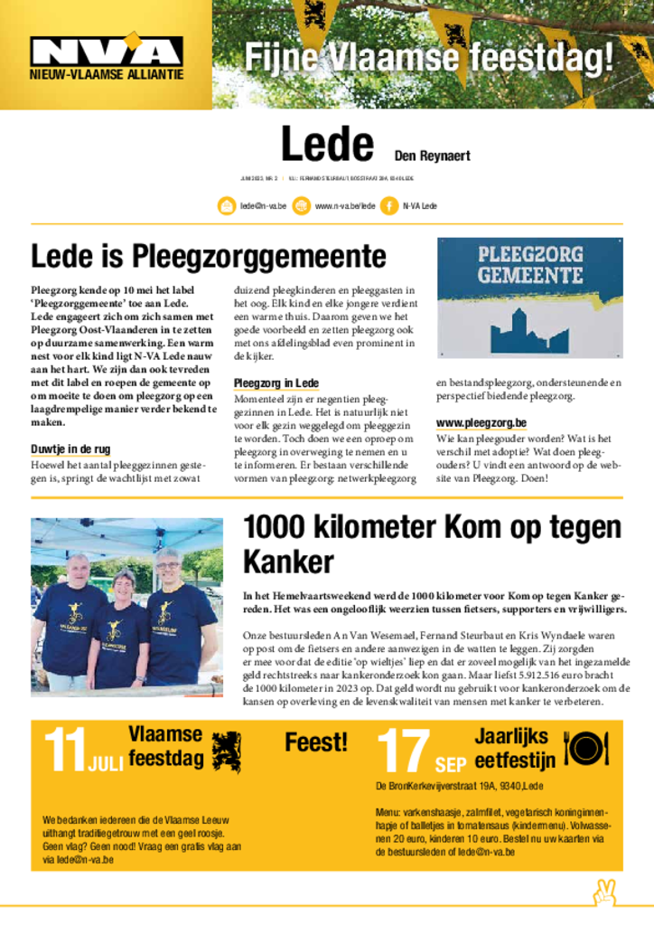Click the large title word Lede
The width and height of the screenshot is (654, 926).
click(x=327, y=144)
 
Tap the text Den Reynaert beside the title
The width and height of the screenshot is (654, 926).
click(x=432, y=156)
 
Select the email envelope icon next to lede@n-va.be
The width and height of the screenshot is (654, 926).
click(x=226, y=206)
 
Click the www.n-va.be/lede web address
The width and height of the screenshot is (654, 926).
click(x=344, y=206)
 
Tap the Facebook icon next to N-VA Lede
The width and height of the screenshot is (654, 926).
click(x=389, y=206)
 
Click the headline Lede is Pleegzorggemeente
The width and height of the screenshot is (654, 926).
click(x=209, y=257)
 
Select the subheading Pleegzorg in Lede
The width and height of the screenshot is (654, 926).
click(x=276, y=383)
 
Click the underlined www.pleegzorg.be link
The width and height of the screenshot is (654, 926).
click(x=481, y=422)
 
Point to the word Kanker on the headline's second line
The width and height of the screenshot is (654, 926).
click(x=288, y=562)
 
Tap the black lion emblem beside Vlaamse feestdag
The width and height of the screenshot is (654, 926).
click(x=226, y=751)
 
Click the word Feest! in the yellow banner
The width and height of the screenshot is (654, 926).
click(x=315, y=743)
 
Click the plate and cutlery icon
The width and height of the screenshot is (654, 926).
click(x=585, y=748)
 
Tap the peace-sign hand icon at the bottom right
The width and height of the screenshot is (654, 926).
click(x=603, y=893)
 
